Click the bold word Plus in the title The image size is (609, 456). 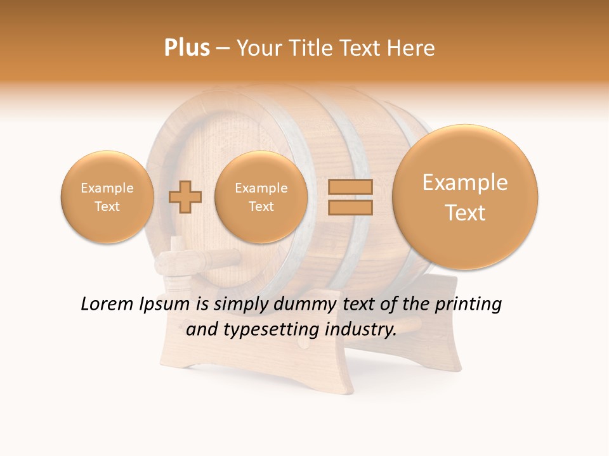pyautogui.click(x=187, y=48)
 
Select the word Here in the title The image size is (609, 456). pyautogui.click(x=412, y=48)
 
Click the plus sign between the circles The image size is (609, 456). pyautogui.click(x=185, y=197)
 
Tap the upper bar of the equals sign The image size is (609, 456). pyautogui.click(x=350, y=187)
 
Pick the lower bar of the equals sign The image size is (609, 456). pyautogui.click(x=350, y=207)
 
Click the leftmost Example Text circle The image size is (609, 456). pyautogui.click(x=107, y=197)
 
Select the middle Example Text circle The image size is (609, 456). pyautogui.click(x=261, y=197)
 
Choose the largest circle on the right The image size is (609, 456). pyautogui.click(x=465, y=197)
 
